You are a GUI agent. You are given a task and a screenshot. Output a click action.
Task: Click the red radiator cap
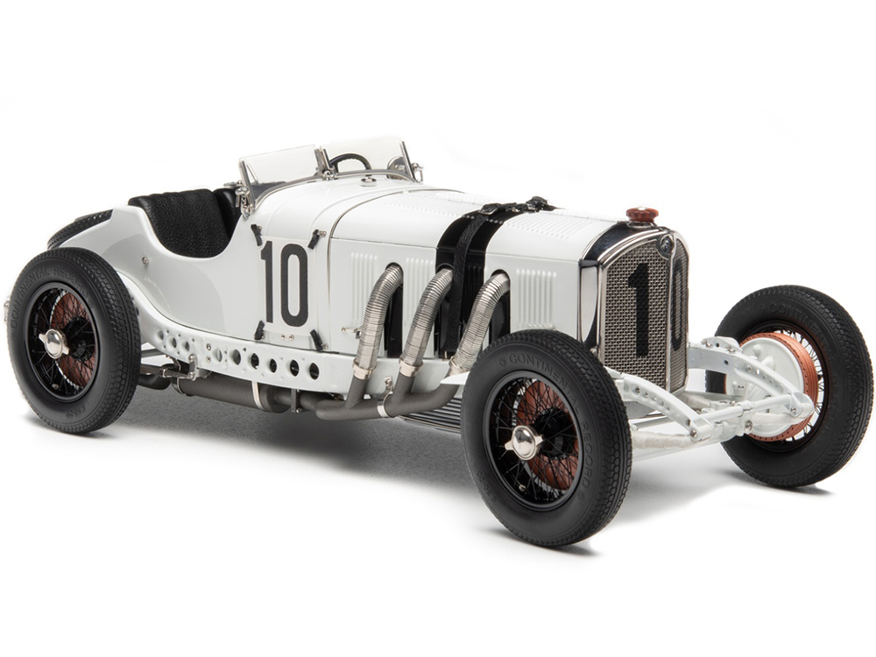point(642,215)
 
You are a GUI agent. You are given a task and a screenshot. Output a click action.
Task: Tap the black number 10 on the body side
point(284,283)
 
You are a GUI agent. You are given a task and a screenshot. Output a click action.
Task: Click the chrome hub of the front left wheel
point(525,442)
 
